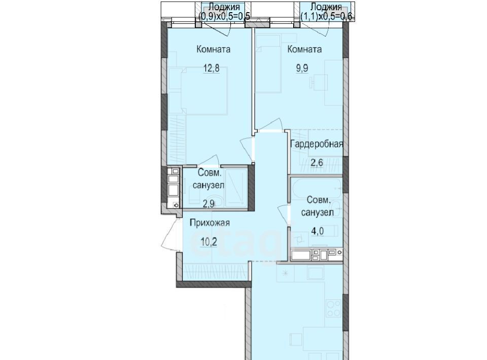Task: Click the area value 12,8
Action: tap(211, 68)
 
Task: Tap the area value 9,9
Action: tap(302, 68)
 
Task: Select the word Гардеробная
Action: tap(317, 145)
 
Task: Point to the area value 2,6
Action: tap(316, 162)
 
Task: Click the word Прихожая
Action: tap(210, 223)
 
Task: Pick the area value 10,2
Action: tap(208, 242)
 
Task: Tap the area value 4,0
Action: tap(318, 231)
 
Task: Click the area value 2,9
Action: tap(208, 204)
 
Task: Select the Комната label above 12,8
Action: tap(214, 49)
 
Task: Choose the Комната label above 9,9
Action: tap(304, 49)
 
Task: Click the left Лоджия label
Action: tap(224, 7)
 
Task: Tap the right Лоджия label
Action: tap(326, 7)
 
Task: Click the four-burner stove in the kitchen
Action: tap(334, 307)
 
